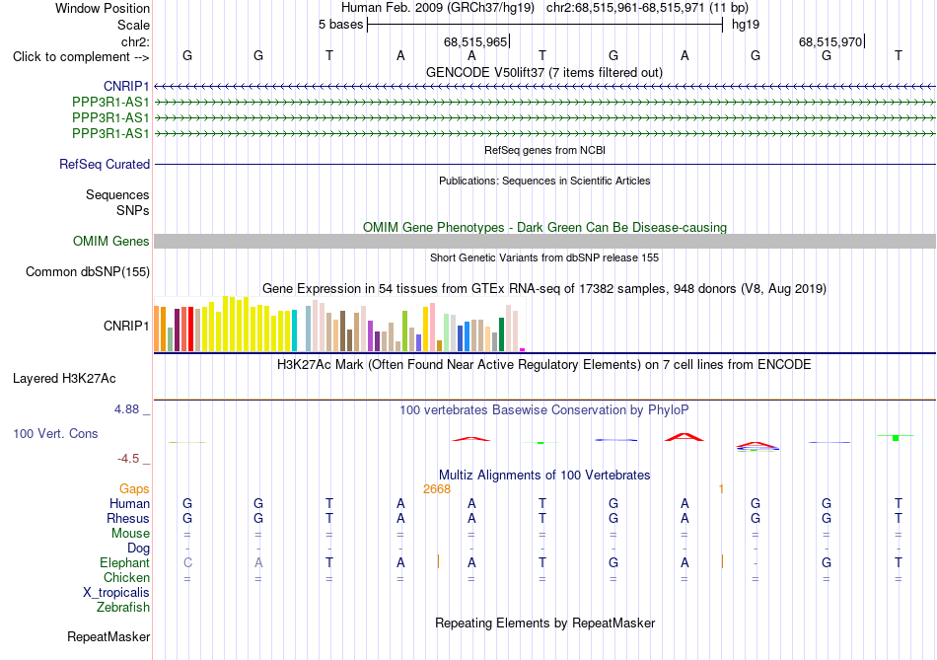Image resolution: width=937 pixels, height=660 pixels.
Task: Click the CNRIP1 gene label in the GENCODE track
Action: point(126,87)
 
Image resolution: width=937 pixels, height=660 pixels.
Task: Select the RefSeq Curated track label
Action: point(105,165)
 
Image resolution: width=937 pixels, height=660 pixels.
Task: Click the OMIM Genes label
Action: point(111,242)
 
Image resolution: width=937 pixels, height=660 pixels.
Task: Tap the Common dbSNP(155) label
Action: point(88,272)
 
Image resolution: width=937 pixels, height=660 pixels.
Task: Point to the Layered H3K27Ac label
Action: point(64,379)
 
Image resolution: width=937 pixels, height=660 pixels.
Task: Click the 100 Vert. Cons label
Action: point(55,433)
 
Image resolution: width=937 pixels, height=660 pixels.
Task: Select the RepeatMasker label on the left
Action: point(108,636)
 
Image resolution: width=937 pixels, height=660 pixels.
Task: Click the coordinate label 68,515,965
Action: point(475,41)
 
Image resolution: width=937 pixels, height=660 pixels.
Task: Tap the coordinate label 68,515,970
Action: point(830,41)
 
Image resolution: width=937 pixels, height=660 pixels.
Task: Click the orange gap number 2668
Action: point(437,489)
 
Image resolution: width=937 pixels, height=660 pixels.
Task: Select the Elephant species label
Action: point(125,563)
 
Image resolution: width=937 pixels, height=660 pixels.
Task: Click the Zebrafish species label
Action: point(123,608)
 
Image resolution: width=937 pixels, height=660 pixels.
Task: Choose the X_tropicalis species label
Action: point(116,593)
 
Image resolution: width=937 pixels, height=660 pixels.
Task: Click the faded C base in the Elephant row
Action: point(187,562)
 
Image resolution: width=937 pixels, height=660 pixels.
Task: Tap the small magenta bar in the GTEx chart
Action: point(523,349)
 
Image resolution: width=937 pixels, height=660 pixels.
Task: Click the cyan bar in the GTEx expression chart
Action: point(294,330)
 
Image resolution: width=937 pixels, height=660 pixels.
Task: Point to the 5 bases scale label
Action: point(340,25)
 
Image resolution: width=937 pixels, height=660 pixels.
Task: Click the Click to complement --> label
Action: point(81,57)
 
